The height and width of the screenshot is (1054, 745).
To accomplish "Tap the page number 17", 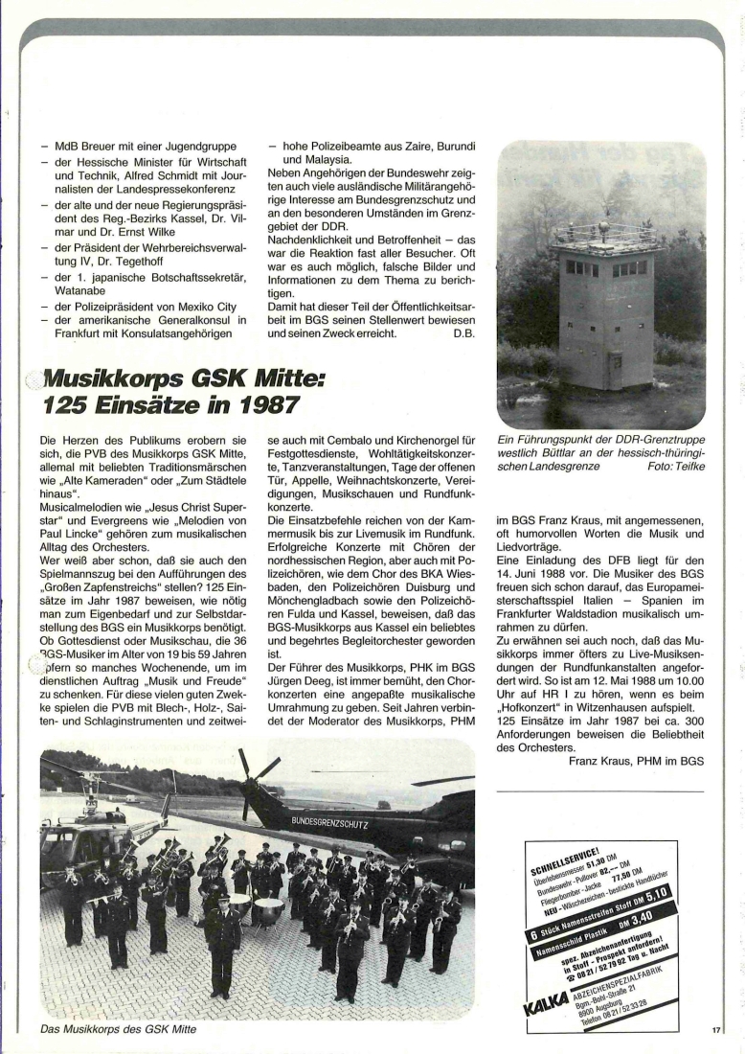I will click(715, 1031).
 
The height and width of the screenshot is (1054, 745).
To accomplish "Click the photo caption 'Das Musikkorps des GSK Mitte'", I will click(118, 1029).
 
